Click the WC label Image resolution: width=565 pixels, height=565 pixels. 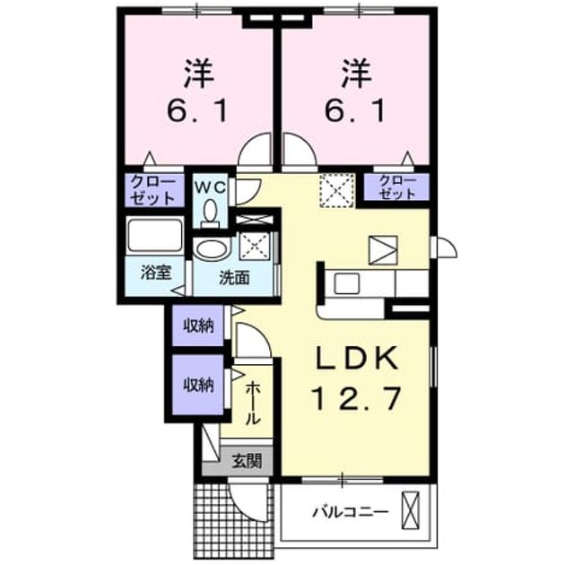[210, 187]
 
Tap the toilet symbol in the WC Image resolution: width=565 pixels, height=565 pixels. [210, 213]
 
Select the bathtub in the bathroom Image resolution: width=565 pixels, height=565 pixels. [155, 235]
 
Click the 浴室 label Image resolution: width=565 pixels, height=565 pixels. [156, 273]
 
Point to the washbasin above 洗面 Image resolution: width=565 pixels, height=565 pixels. [212, 248]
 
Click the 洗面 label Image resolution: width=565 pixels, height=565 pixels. [234, 278]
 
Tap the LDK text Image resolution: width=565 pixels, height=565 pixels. [357, 358]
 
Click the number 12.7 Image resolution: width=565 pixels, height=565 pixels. [357, 398]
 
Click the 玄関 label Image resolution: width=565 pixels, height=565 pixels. [247, 461]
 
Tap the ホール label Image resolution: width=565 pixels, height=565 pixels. [253, 404]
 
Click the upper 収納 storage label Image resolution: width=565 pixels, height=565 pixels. [198, 326]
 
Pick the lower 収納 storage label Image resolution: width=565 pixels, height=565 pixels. [198, 385]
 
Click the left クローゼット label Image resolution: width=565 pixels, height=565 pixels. [152, 189]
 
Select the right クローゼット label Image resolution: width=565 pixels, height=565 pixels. [397, 187]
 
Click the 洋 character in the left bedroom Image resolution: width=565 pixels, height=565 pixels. [198, 74]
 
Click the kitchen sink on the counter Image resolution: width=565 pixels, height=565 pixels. [346, 283]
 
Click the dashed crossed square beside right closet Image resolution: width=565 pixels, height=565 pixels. [336, 190]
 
